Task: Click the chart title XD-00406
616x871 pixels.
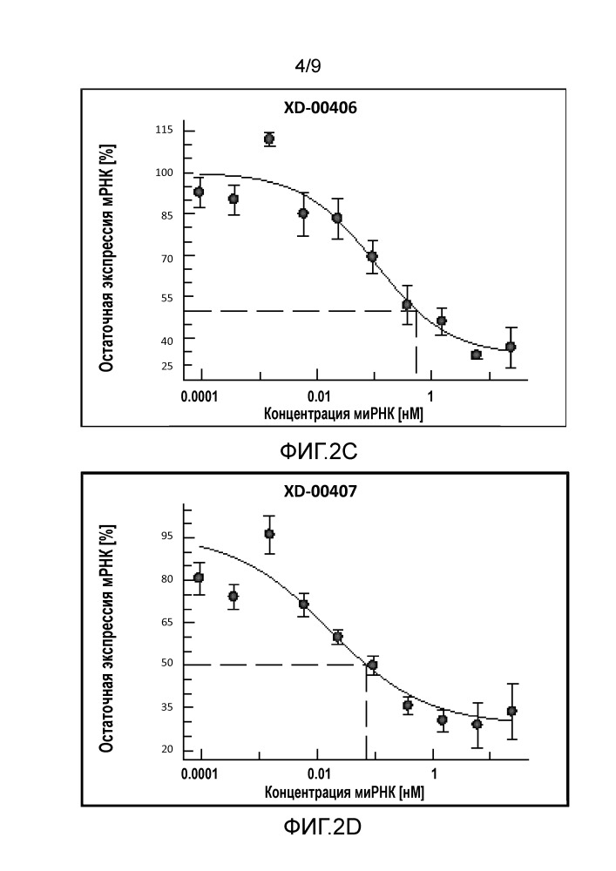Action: [x=320, y=108]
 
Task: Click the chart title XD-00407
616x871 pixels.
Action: [x=320, y=491]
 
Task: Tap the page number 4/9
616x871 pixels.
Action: [x=308, y=65]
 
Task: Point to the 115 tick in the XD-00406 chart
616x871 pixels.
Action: [x=164, y=131]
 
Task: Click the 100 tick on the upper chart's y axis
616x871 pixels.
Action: [x=164, y=172]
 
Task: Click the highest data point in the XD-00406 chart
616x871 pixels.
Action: [x=269, y=138]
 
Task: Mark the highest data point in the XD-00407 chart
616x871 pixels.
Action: [x=269, y=534]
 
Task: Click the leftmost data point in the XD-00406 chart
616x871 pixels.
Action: [x=200, y=192]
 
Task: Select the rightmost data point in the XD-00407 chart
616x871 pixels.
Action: [x=511, y=711]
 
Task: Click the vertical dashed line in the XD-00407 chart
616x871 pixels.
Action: [x=366, y=714]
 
